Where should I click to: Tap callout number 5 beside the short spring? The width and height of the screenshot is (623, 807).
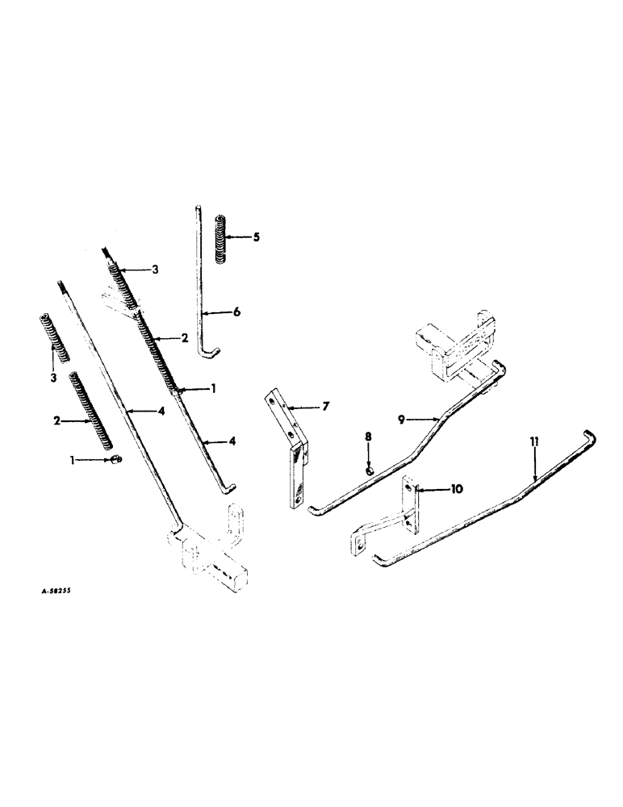256,237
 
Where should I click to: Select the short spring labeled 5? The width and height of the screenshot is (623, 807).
222,238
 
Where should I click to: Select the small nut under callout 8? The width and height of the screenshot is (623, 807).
368,470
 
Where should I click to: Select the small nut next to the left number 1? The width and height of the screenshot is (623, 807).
117,460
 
